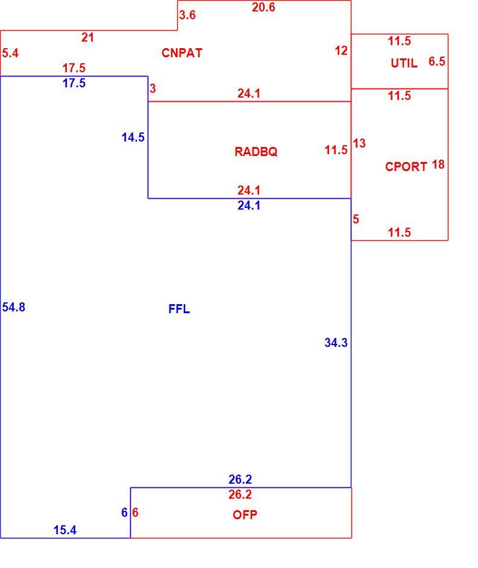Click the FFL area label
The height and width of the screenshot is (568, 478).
point(179,309)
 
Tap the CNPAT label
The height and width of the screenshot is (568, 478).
point(182,53)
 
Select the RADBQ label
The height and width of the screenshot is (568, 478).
point(256,151)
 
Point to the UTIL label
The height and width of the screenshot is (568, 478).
point(404,63)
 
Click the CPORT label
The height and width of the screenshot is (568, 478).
point(406,167)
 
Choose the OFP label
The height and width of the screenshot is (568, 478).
point(245,515)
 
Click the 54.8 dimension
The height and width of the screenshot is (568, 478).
point(14,307)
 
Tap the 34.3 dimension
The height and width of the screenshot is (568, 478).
point(336,343)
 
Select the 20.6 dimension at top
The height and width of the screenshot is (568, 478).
point(263,7)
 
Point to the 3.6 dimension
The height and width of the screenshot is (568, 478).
point(187,15)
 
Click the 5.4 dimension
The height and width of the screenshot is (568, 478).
point(10,53)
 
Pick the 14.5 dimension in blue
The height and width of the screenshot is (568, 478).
point(133,138)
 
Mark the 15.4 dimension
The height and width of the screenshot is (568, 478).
point(65,530)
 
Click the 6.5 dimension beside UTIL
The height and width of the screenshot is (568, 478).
point(436,61)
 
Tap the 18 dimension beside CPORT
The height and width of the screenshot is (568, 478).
point(438,165)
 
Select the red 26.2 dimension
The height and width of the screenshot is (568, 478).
point(240,495)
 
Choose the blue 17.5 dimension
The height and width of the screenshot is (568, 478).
point(74,83)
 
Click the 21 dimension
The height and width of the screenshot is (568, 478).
point(87,38)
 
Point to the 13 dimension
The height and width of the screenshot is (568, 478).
point(359,143)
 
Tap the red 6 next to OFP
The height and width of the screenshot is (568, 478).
point(135,513)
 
